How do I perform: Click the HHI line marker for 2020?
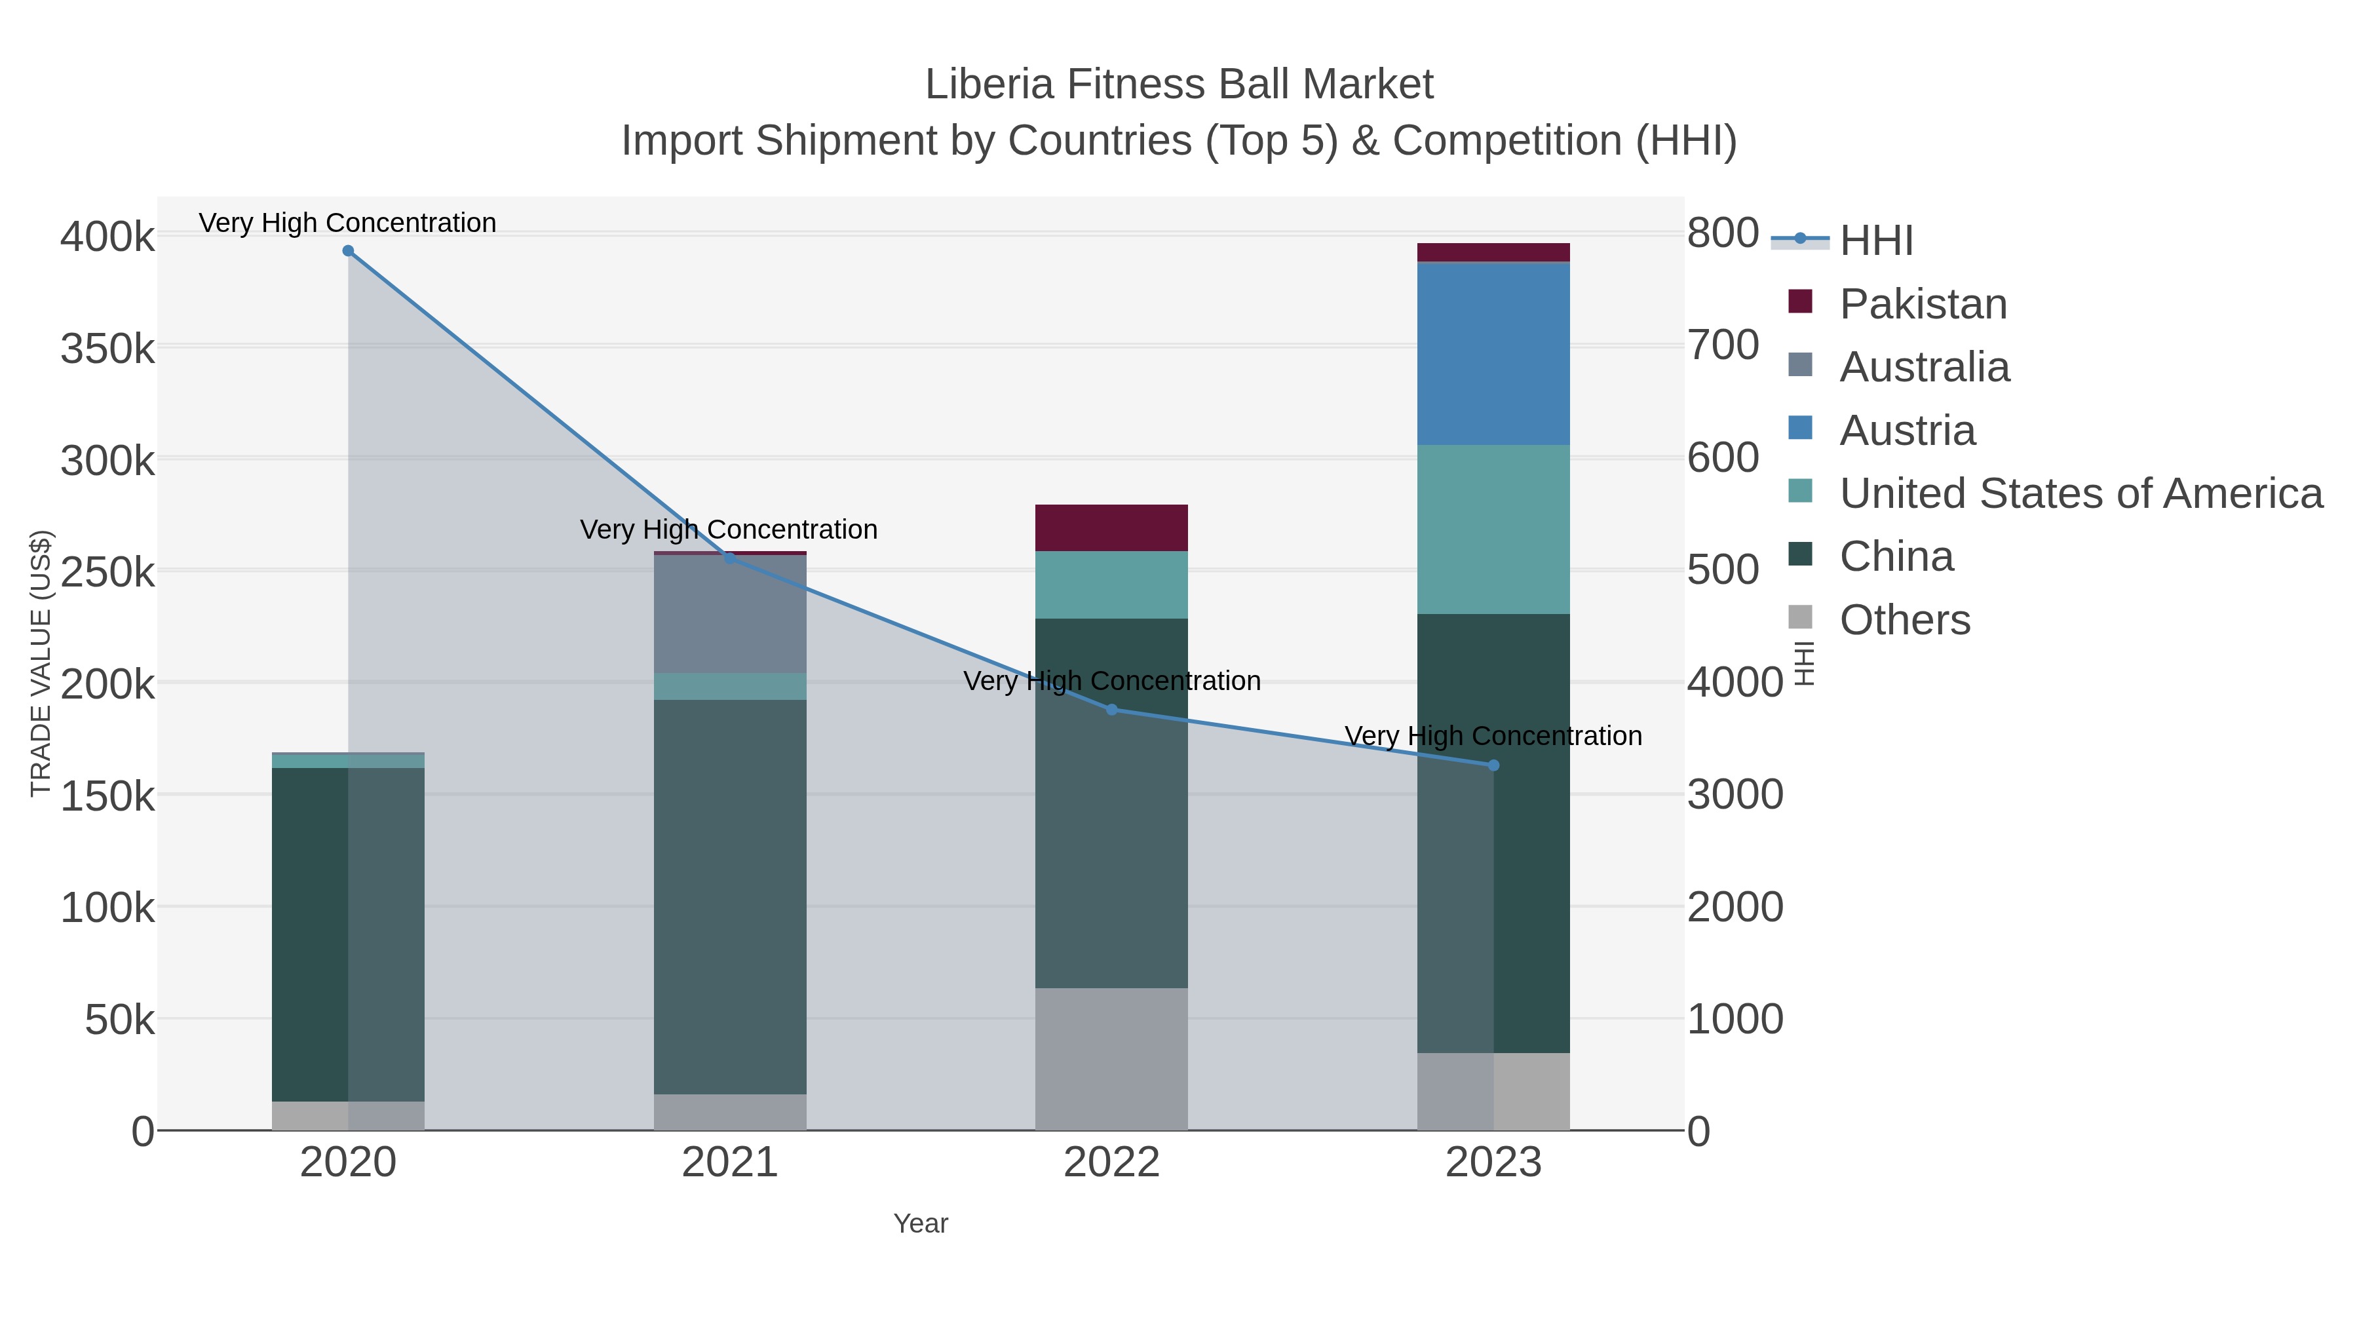348,251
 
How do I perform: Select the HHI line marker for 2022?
1112,710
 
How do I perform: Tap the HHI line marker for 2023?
1493,765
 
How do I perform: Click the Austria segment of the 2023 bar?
1493,355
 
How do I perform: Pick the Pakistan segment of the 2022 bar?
1112,528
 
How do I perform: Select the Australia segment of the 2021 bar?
730,613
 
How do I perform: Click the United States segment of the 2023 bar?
1493,529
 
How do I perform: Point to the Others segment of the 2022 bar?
1112,1059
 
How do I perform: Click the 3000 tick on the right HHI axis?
1735,795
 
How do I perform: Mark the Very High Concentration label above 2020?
348,223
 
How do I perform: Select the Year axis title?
921,1223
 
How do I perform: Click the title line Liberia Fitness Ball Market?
1179,85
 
